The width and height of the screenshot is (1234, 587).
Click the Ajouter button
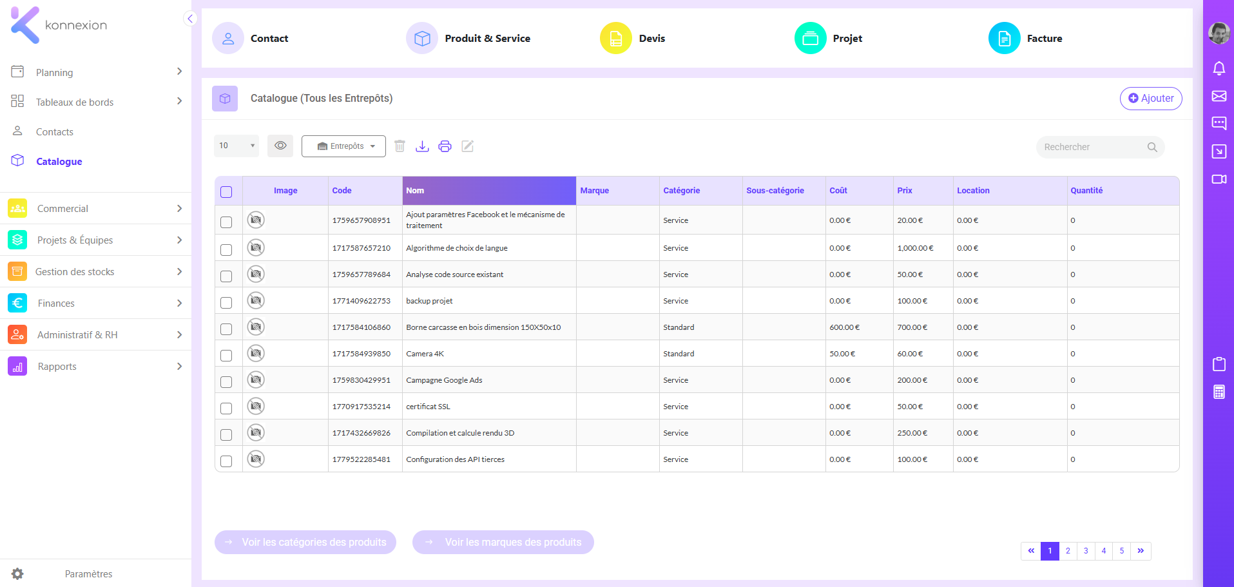pyautogui.click(x=1151, y=99)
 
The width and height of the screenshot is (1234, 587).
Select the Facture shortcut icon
pyautogui.click(x=1004, y=39)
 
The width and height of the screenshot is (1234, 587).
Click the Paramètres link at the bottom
pyautogui.click(x=88, y=574)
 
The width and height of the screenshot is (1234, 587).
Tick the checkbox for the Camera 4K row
pyautogui.click(x=226, y=355)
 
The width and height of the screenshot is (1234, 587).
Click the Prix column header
pyautogui.click(x=905, y=191)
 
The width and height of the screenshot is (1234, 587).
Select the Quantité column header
pyautogui.click(x=1086, y=191)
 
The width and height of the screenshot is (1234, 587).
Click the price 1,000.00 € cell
pyautogui.click(x=915, y=248)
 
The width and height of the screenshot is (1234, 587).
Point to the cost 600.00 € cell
pyautogui.click(x=844, y=327)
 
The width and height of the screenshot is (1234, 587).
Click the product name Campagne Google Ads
pyautogui.click(x=444, y=380)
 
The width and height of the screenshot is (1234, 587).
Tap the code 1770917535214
pyautogui.click(x=362, y=407)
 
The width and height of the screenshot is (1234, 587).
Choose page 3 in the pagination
pyautogui.click(x=1086, y=551)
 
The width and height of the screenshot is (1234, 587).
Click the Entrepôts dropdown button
pyautogui.click(x=343, y=146)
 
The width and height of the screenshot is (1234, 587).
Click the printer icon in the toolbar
pyautogui.click(x=445, y=146)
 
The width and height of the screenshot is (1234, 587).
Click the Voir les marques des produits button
pyautogui.click(x=503, y=543)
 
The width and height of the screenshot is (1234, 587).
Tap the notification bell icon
pyautogui.click(x=1219, y=68)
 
